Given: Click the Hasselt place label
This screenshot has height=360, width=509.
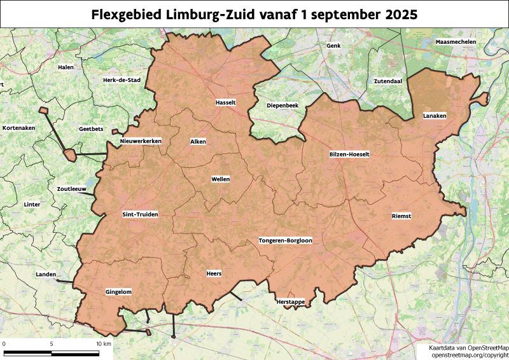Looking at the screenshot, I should coord(226,102).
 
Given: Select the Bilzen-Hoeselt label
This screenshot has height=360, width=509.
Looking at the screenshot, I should coord(349,155).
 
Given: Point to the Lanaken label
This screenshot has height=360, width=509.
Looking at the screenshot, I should coord(435,116).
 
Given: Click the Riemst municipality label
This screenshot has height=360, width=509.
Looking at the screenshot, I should coord(401,216).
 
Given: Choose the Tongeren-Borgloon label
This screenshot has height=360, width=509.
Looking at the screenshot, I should coord(285,240).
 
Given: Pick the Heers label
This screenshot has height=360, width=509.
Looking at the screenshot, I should coord(214,273).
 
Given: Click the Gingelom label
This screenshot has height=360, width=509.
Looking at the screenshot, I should coord(118,292).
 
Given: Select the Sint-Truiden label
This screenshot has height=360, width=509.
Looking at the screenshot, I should coord(140,214).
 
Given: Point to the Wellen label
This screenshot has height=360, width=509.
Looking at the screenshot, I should coord(220,179).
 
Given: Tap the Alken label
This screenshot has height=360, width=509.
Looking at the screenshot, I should coord(198,141).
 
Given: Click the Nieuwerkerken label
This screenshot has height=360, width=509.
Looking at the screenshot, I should coord(141,141).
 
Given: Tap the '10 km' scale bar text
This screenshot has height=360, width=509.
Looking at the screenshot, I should coord(104,343).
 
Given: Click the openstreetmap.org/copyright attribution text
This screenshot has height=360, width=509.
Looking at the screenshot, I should coord(470,354).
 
